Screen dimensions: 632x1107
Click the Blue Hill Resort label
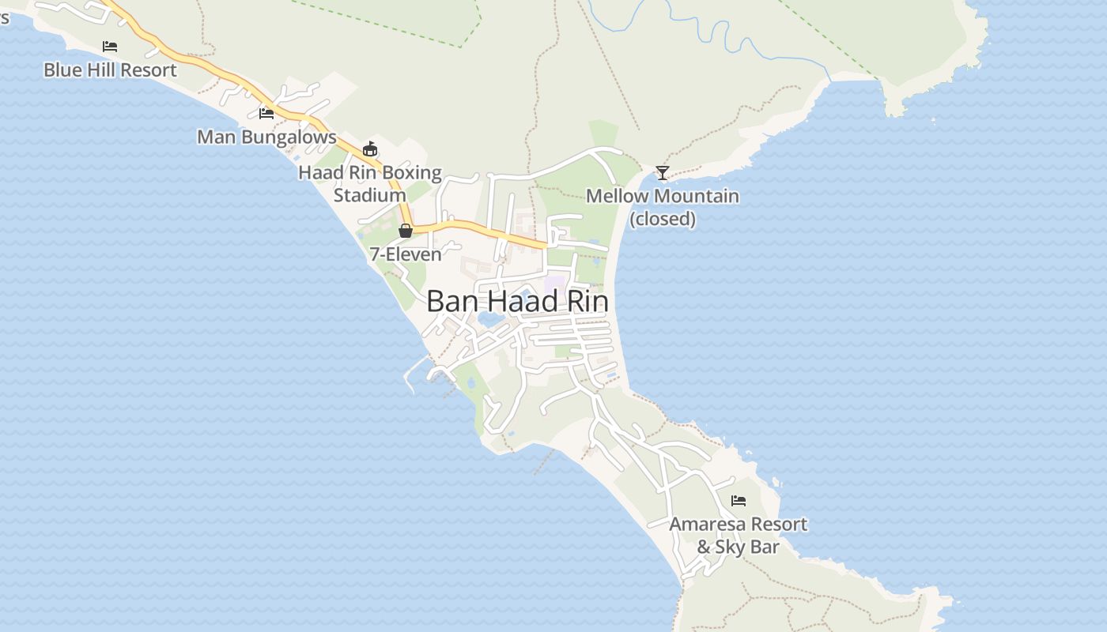[110, 70]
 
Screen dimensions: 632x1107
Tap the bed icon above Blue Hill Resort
[110, 47]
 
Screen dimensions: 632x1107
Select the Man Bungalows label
[266, 137]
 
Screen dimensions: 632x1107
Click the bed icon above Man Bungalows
[266, 114]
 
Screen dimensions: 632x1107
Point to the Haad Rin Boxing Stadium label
[370, 183]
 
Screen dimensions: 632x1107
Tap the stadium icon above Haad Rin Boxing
[370, 149]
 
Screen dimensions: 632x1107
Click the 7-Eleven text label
[406, 254]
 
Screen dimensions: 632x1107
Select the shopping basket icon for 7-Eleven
[406, 231]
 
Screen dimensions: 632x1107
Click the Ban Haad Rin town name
[518, 301]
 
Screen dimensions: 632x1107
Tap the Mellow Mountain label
[663, 196]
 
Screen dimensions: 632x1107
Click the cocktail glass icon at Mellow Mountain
[663, 173]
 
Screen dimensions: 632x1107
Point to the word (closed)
[663, 219]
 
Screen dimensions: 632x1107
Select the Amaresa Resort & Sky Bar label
[739, 535]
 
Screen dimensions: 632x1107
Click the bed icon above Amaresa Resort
[739, 501]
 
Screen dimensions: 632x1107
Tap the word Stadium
[370, 195]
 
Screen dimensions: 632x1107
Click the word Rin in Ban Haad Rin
[588, 301]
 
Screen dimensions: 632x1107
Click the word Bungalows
[289, 137]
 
